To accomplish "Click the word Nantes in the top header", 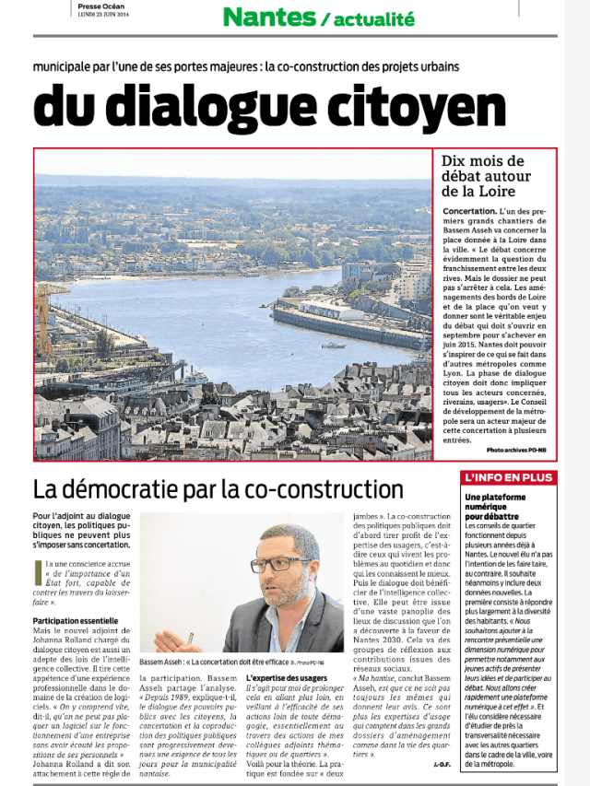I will (x=268, y=16).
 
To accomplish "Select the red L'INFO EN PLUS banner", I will (x=508, y=478).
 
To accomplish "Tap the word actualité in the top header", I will (x=374, y=18).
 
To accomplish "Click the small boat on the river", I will (x=334, y=346).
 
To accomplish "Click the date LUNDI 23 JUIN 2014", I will (x=103, y=13).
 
